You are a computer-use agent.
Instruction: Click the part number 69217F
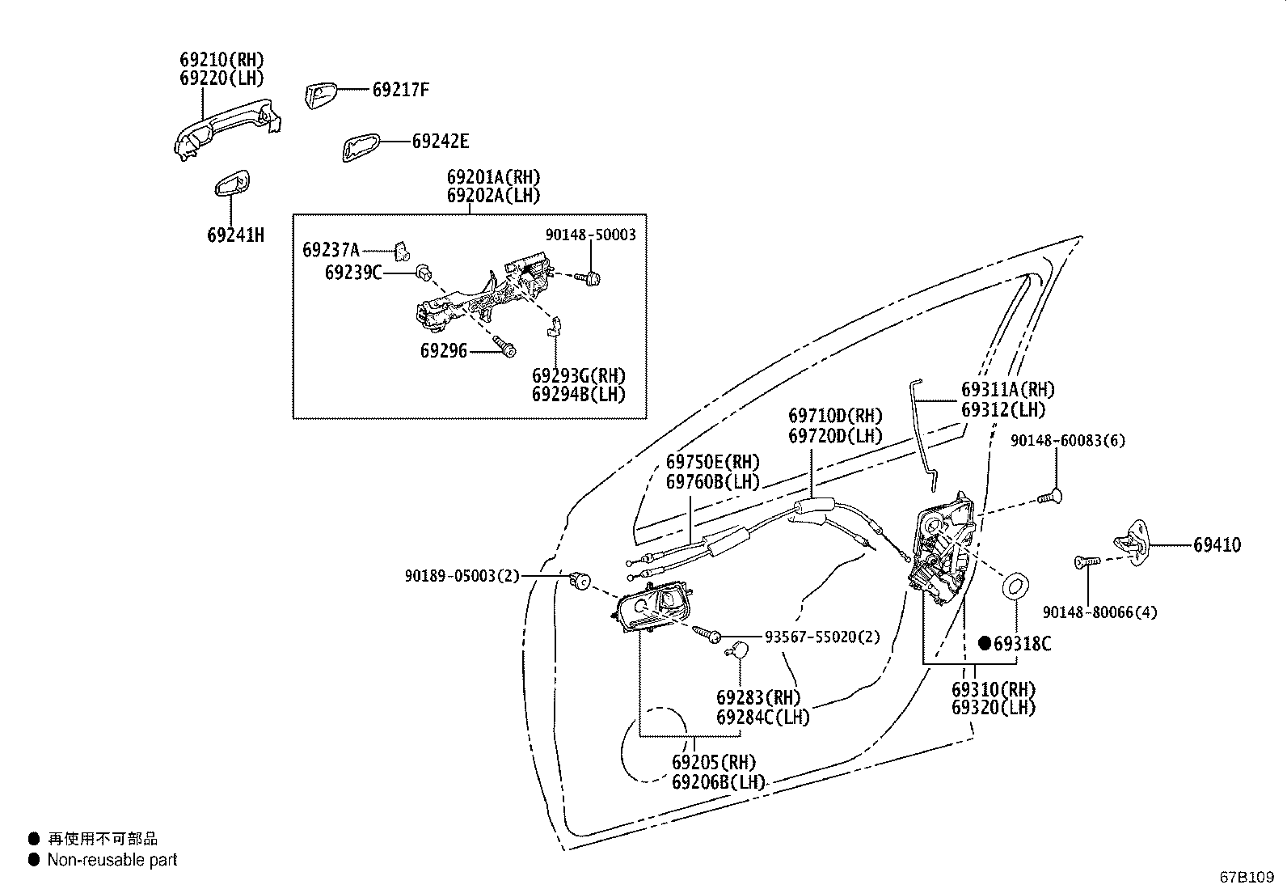pyautogui.click(x=400, y=90)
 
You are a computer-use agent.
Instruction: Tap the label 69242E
pyautogui.click(x=440, y=142)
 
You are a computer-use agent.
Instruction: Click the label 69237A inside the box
pyautogui.click(x=331, y=249)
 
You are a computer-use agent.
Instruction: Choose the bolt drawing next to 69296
pyautogui.click(x=506, y=349)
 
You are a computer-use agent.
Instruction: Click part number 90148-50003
pyautogui.click(x=590, y=235)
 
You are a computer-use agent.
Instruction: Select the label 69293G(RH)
pyautogui.click(x=578, y=376)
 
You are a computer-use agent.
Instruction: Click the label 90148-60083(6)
pyautogui.click(x=1068, y=441)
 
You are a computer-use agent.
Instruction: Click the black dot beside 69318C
pyautogui.click(x=984, y=643)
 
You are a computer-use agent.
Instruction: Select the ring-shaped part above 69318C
pyautogui.click(x=1015, y=585)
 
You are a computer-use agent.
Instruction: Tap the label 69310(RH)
pyautogui.click(x=994, y=690)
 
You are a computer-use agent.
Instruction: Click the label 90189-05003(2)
pyautogui.click(x=462, y=576)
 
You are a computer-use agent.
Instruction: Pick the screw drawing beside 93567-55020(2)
pyautogui.click(x=708, y=634)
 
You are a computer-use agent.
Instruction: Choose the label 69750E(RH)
pyautogui.click(x=713, y=463)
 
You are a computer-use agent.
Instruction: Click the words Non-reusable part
pyautogui.click(x=112, y=860)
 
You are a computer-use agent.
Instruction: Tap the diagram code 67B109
pyautogui.click(x=1247, y=877)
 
